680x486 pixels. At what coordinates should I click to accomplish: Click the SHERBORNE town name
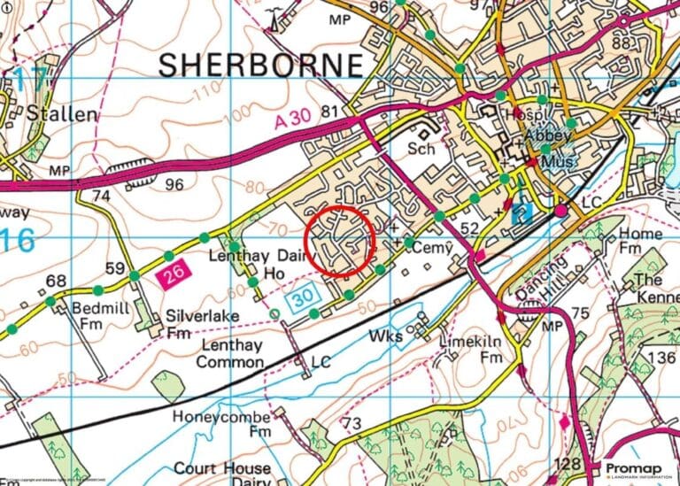tap(260, 66)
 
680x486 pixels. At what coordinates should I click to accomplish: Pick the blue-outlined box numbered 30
tap(301, 301)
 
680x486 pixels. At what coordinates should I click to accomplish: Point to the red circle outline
tap(335, 242)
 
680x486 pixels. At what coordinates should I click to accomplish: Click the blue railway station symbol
tap(523, 212)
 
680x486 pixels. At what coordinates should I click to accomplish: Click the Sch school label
tap(421, 149)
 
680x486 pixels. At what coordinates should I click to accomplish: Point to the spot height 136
tap(661, 357)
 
